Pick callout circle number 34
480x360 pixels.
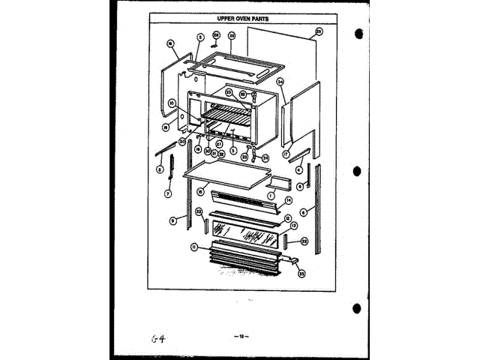point(280,81)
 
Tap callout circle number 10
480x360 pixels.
point(172,103)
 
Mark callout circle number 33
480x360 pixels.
point(301,274)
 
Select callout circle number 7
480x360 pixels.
point(168,193)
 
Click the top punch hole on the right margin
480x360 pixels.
point(358,34)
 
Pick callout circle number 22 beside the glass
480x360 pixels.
point(304,241)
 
